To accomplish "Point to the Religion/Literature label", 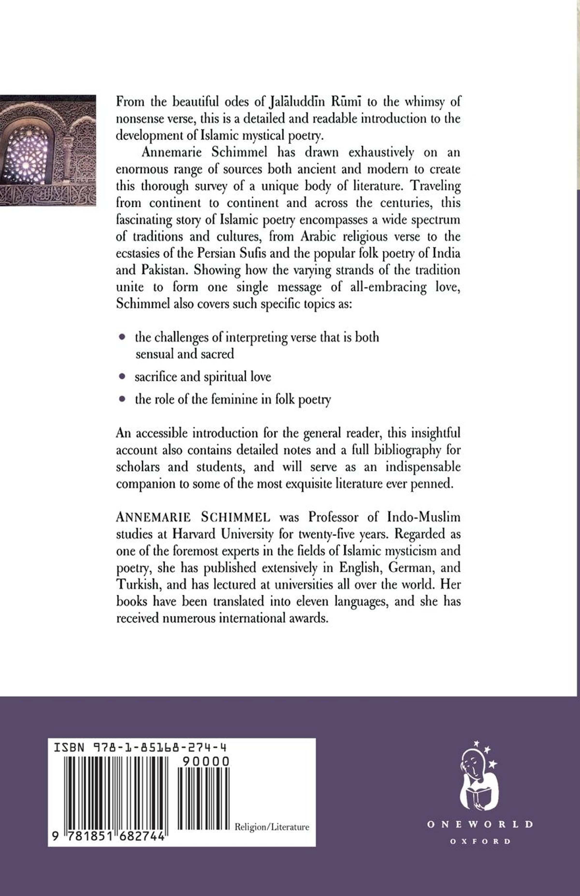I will (272, 827).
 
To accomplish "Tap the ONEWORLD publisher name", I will (480, 824).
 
